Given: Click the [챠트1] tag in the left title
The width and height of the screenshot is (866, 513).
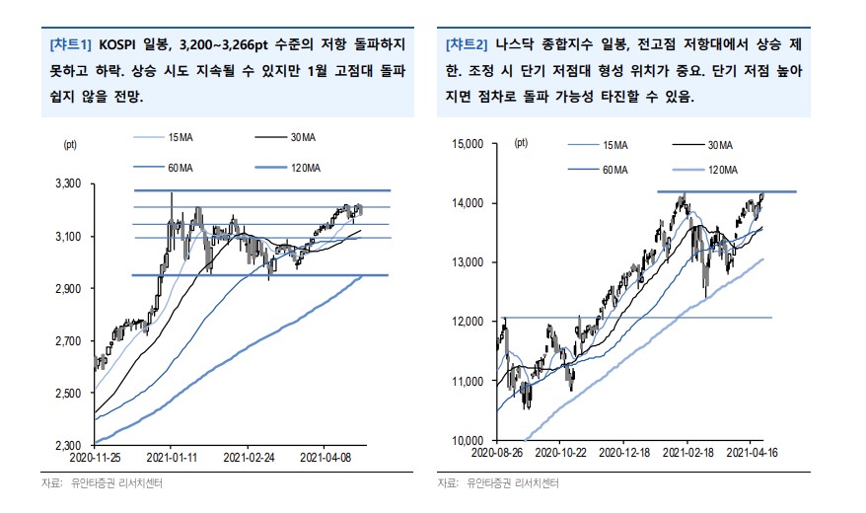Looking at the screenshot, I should tap(69, 45).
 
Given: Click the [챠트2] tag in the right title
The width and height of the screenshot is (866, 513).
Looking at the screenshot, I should tap(467, 45).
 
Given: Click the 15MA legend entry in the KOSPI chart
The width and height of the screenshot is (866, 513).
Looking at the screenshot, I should tap(180, 136).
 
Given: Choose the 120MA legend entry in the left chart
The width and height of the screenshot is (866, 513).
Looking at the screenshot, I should tap(306, 168).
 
